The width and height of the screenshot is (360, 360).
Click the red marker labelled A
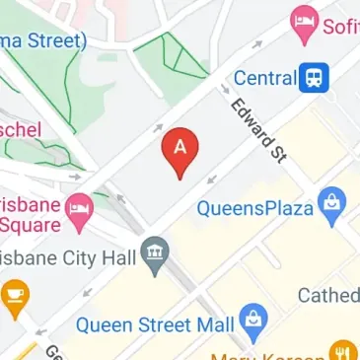pos(180,150)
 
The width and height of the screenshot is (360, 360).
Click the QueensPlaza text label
pos(254,208)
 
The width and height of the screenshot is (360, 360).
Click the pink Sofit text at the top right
pos(341,25)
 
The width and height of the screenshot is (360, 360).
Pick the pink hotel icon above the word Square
pos(78,207)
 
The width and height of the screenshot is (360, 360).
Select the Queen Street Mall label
pos(155,324)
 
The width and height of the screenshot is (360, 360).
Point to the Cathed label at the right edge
pos(328,296)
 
